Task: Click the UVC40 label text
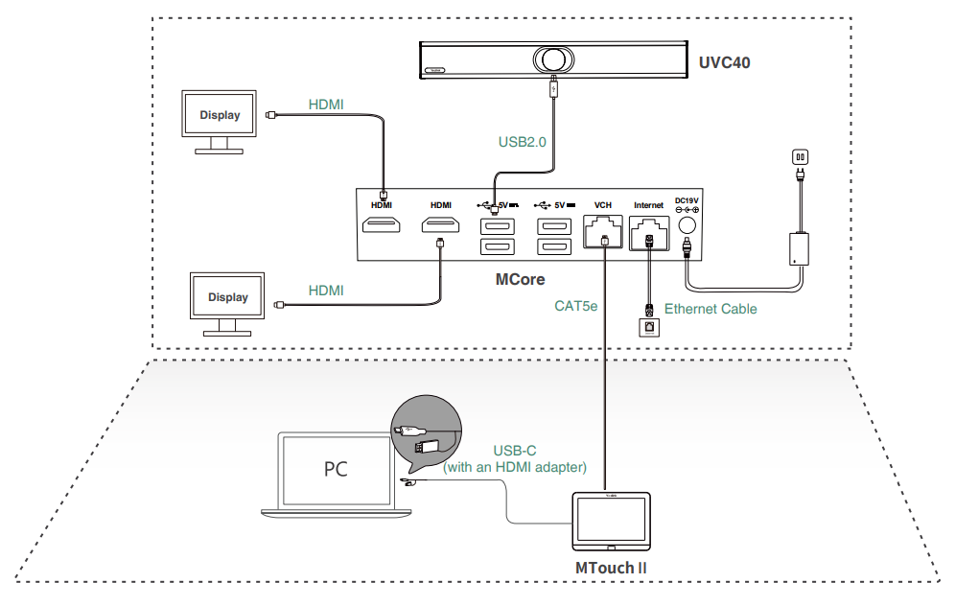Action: pyautogui.click(x=724, y=63)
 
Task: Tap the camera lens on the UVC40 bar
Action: pyautogui.click(x=552, y=59)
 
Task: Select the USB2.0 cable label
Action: pyautogui.click(x=522, y=142)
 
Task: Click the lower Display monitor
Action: pyautogui.click(x=228, y=297)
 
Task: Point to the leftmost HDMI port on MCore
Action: pyautogui.click(x=382, y=226)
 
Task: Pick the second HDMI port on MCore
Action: pyautogui.click(x=440, y=226)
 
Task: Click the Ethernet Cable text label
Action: pyautogui.click(x=710, y=309)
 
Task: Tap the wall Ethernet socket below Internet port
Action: pyautogui.click(x=649, y=327)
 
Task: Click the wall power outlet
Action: pyautogui.click(x=800, y=157)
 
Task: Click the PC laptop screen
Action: pyautogui.click(x=335, y=470)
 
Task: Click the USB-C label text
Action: pyautogui.click(x=514, y=452)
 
